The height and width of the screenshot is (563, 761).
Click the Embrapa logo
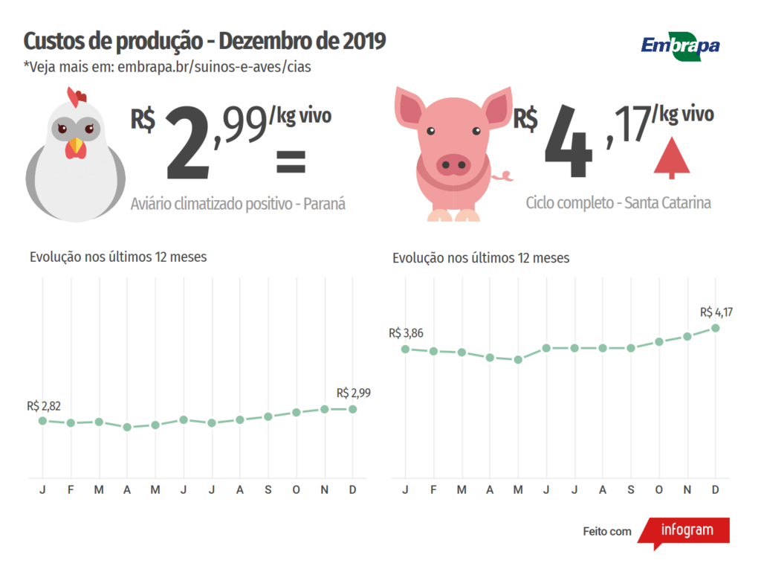[x=680, y=45]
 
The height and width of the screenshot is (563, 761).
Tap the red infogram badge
[x=684, y=531]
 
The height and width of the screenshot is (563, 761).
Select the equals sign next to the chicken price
[x=291, y=161]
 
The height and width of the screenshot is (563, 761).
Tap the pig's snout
[x=453, y=164]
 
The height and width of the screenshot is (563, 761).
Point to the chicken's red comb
[x=77, y=96]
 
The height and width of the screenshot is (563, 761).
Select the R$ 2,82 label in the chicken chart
[x=44, y=406]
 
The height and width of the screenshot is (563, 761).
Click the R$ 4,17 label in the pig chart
[x=716, y=312]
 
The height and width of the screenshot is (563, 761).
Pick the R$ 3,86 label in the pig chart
[x=406, y=333]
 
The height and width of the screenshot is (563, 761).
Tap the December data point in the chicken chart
[x=353, y=409]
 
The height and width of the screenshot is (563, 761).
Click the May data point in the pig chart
[x=518, y=359]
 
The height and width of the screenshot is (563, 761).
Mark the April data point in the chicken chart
[x=127, y=427]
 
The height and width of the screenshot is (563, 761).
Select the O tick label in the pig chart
[x=658, y=489]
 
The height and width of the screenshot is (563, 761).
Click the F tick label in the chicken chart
[x=71, y=489]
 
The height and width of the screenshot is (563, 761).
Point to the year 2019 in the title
[x=364, y=41]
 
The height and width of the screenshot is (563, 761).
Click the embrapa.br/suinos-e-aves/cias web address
[x=213, y=67]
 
